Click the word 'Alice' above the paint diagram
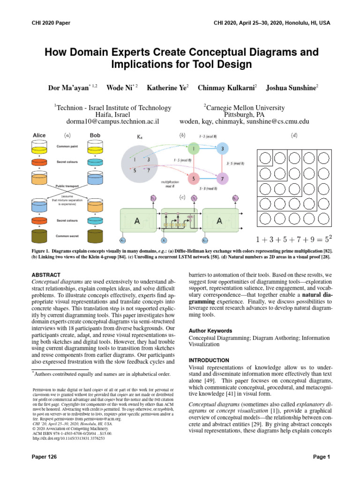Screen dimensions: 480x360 (39, 135)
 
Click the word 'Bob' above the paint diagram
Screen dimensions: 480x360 (95, 135)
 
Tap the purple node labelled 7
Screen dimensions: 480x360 (223, 179)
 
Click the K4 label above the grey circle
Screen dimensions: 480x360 (140, 137)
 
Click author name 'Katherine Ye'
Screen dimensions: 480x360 (167, 88)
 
